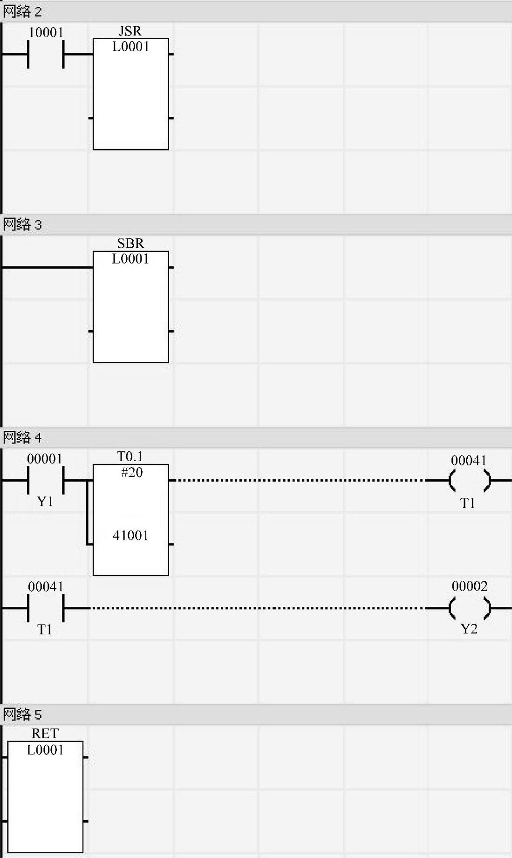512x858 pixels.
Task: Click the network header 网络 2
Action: tap(22, 12)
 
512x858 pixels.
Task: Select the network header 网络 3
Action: tap(22, 225)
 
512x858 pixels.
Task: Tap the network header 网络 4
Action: tap(22, 437)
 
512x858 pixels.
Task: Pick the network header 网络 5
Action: tap(22, 714)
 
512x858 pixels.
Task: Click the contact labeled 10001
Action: tap(46, 54)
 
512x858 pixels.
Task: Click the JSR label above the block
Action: tap(130, 31)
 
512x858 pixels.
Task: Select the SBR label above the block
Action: tap(130, 244)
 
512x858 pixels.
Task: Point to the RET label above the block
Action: tap(45, 734)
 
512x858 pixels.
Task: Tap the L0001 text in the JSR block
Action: tap(130, 47)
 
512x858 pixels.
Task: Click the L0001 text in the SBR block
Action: tap(130, 259)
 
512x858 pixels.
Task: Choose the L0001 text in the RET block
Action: tap(45, 750)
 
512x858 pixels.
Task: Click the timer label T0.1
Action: tap(130, 456)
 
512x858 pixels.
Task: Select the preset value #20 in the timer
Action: tap(132, 472)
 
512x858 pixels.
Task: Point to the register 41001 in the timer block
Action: tap(130, 536)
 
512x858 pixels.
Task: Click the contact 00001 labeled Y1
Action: tap(46, 480)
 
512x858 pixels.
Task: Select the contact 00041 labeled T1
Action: tap(46, 608)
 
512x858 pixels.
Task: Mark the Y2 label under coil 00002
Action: tap(469, 629)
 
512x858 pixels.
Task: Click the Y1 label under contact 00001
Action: tap(45, 502)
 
